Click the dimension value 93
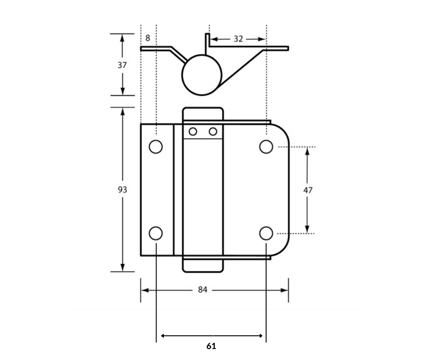[122, 189]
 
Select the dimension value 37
[122, 65]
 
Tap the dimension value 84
[203, 290]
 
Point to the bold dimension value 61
[211, 346]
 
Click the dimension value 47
[308, 190]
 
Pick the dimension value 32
[238, 39]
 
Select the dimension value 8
[148, 38]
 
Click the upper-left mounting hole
[156, 147]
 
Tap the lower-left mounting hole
[156, 233]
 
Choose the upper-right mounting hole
[266, 147]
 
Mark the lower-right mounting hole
[266, 233]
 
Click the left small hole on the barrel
[193, 132]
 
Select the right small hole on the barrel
[213, 132]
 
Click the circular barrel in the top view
[202, 75]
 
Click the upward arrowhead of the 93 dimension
[122, 111]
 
